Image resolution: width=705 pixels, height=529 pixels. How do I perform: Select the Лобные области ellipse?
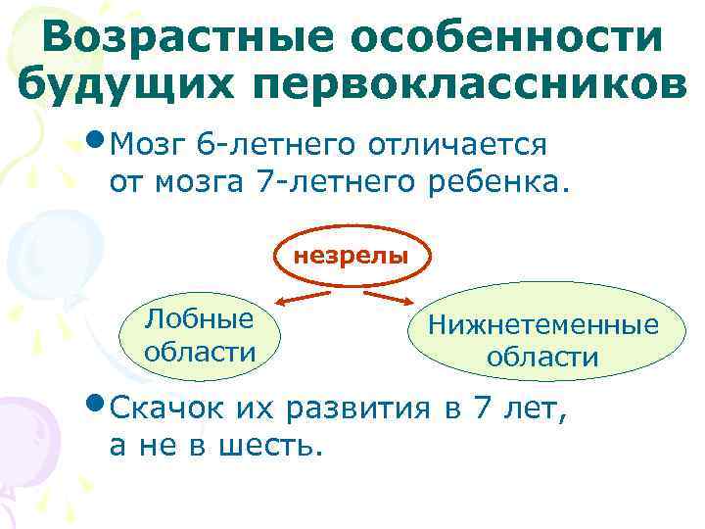[199, 334]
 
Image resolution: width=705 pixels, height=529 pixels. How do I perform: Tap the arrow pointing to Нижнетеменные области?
[392, 294]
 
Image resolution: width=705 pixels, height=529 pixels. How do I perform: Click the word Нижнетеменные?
[541, 324]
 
